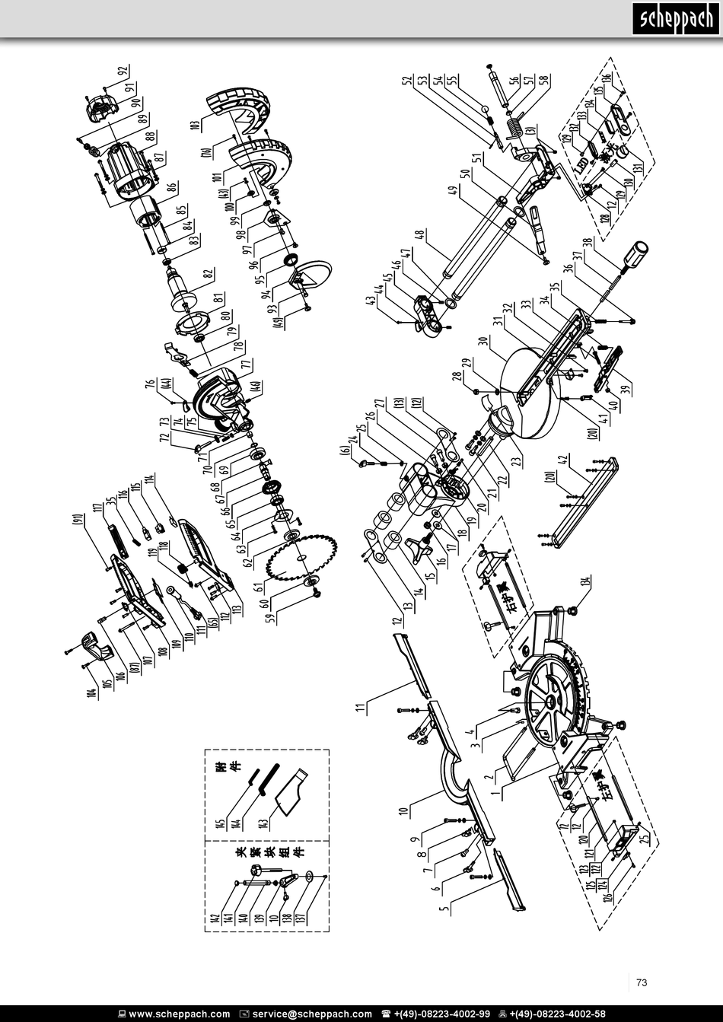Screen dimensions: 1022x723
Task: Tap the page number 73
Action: [x=641, y=982]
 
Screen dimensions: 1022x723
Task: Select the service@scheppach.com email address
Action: [x=312, y=1014]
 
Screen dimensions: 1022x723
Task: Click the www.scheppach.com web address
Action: [x=179, y=1014]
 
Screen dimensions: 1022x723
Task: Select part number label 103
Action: [x=196, y=125]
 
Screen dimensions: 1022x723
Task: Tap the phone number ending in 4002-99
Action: [x=441, y=1014]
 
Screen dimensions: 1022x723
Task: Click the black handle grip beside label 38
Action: [x=635, y=254]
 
